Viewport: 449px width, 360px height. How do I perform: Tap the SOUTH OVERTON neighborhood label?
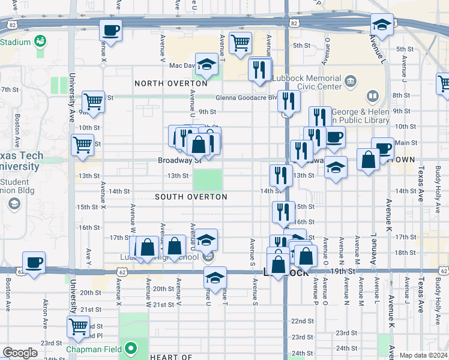point(191,197)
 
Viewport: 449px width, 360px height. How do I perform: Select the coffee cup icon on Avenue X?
point(110,29)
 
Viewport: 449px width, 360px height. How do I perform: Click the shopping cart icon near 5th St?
point(240,43)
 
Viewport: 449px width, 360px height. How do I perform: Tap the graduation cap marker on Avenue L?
point(381,25)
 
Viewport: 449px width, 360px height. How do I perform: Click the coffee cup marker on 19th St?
point(34,262)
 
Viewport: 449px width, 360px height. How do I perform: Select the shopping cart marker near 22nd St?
point(79,326)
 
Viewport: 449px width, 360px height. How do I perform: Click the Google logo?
point(20,353)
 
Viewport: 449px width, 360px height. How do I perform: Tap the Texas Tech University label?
point(22,160)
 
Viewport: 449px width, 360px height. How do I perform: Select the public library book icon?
point(372,96)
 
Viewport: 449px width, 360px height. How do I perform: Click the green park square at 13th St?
point(207,179)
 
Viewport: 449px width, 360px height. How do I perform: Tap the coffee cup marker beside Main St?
point(382,148)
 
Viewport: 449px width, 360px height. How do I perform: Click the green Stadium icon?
point(41,41)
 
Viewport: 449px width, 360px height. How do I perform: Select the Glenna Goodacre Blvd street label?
point(247,97)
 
